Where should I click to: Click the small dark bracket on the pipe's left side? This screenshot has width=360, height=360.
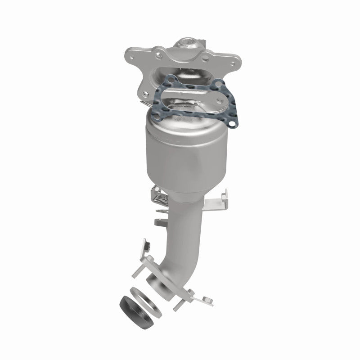[x=160, y=222]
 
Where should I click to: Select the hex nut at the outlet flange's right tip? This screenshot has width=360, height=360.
[x=207, y=298]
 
